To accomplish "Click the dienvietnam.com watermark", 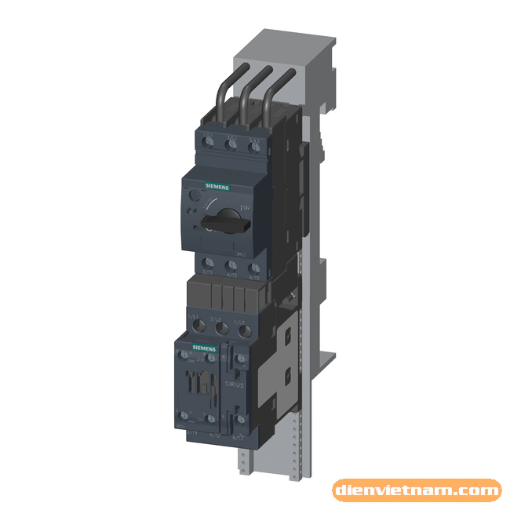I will point(417,491).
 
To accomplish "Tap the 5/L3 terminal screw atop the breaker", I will point(253,146).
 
